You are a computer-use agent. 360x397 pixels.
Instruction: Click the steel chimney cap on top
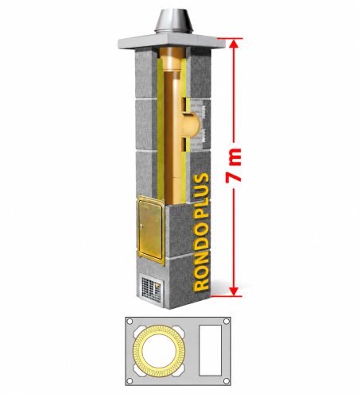pyautogui.click(x=174, y=21)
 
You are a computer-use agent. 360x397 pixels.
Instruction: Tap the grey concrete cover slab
pyautogui.click(x=172, y=41)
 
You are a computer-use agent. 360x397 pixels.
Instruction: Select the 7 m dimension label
pyautogui.click(x=234, y=166)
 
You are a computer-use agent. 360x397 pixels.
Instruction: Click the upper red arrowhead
pyautogui.click(x=234, y=44)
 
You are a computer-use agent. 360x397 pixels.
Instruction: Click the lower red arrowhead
pyautogui.click(x=234, y=291)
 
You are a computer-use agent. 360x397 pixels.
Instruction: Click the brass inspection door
pyautogui.click(x=150, y=229)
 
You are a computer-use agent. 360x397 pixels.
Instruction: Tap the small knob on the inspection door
pyautogui.click(x=141, y=226)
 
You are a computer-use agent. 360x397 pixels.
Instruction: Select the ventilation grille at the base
pyautogui.click(x=152, y=289)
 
